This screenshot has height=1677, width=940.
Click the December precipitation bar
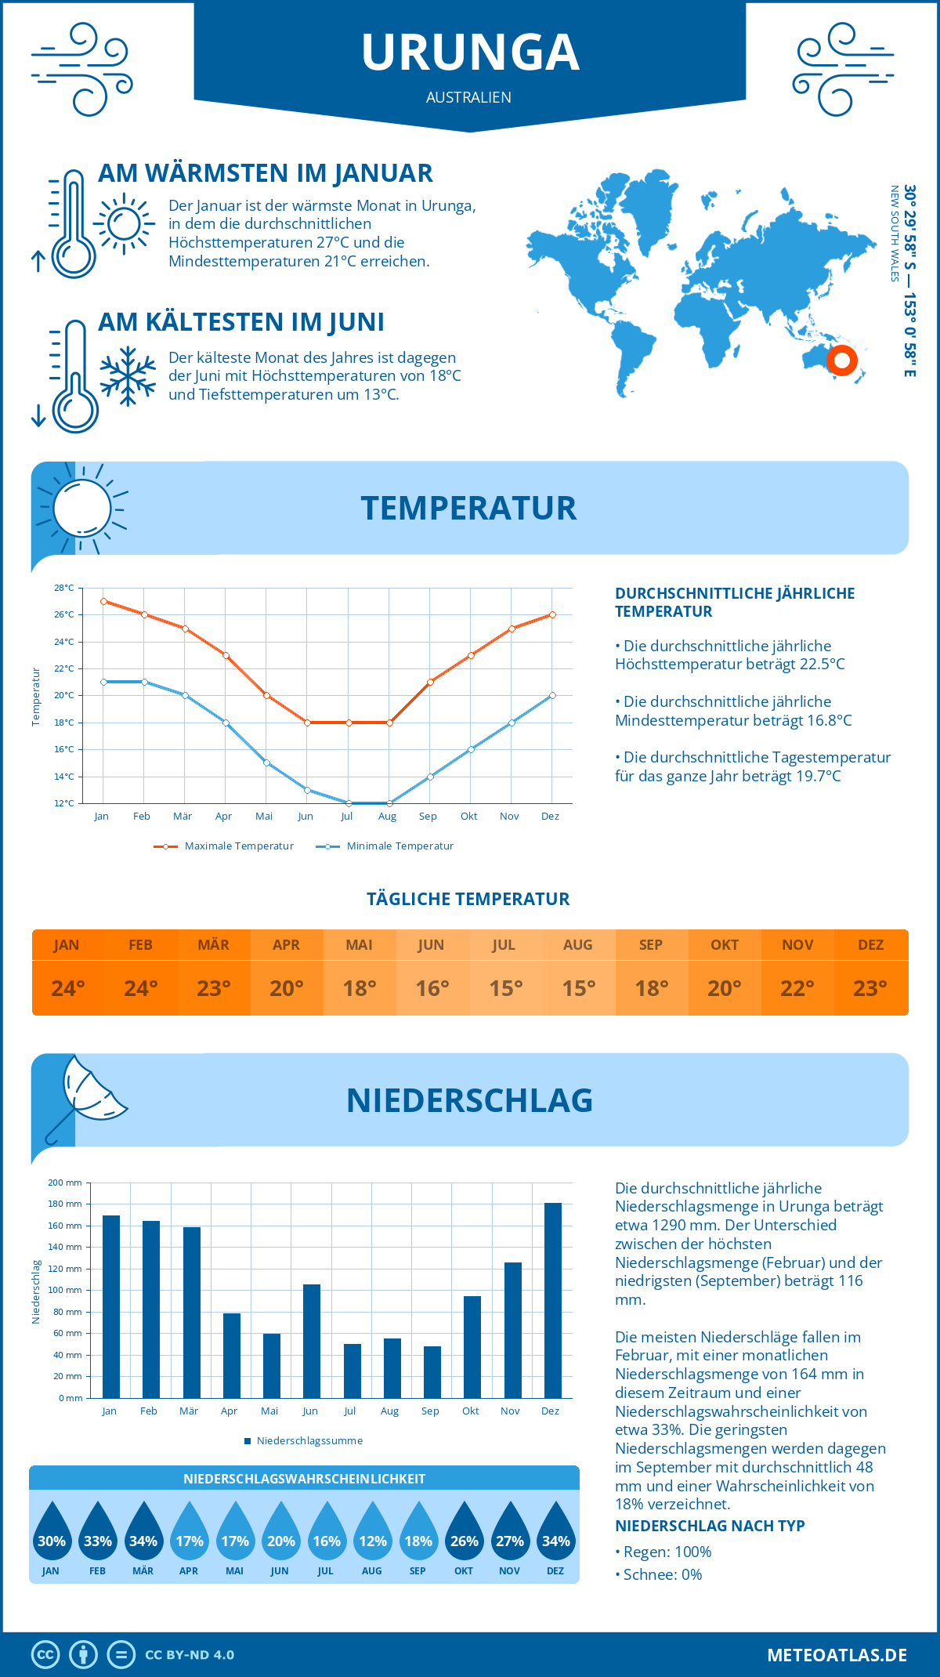[553, 1300]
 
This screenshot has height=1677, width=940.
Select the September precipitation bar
[432, 1371]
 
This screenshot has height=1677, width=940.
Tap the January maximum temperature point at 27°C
[103, 601]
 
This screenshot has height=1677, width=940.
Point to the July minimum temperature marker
[349, 803]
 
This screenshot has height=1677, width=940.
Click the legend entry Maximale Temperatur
[224, 846]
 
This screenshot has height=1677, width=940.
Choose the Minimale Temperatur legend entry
[385, 846]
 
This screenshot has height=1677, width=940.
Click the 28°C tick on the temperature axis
[64, 588]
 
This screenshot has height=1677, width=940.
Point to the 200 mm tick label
[65, 1183]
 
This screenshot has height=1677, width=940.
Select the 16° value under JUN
[432, 988]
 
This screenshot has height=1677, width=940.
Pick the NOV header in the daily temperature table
[797, 945]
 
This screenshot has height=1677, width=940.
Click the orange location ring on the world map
[841, 360]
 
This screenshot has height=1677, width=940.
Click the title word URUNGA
[470, 53]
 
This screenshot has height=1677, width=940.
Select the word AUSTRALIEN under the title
[468, 97]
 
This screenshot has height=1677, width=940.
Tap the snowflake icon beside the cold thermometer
[128, 376]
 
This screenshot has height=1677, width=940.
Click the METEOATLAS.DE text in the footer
[837, 1655]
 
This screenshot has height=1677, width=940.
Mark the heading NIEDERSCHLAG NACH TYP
[710, 1526]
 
